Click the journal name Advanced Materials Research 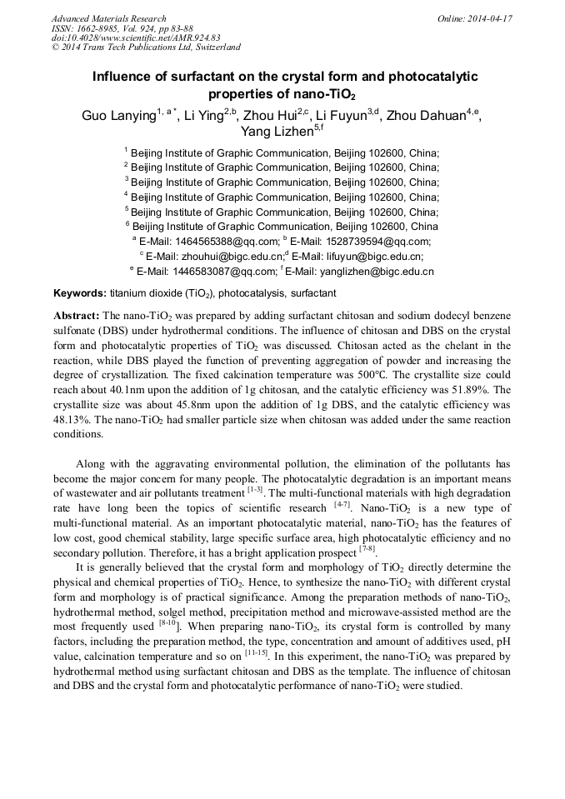pyautogui.click(x=108, y=18)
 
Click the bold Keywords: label pyautogui.click(x=80, y=293)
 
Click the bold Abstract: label pyautogui.click(x=77, y=317)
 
